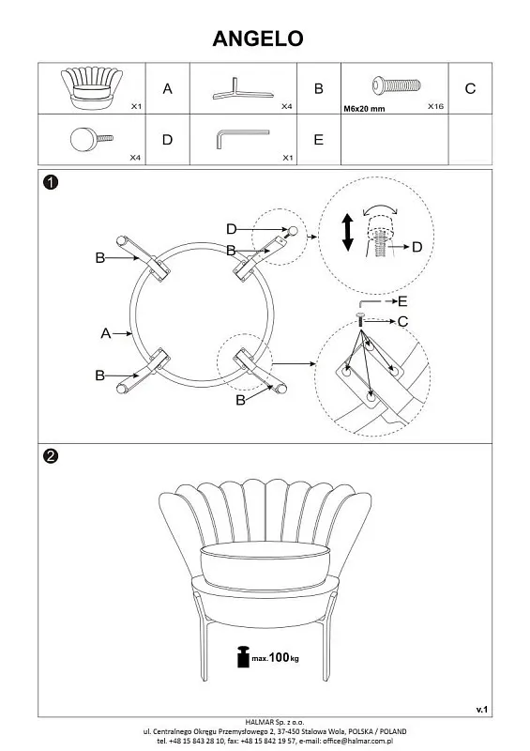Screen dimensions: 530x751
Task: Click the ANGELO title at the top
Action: click(x=258, y=38)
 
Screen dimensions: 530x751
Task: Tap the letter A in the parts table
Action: click(x=167, y=88)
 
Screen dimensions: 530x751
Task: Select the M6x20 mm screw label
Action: click(x=364, y=109)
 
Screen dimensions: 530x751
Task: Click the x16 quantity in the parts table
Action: click(x=435, y=106)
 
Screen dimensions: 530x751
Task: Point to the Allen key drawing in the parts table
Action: click(x=242, y=137)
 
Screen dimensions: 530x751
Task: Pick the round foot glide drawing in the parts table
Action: click(x=91, y=139)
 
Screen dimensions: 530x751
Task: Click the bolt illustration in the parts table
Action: click(x=397, y=85)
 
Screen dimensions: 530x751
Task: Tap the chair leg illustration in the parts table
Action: click(x=242, y=90)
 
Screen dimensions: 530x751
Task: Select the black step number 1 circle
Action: click(x=51, y=182)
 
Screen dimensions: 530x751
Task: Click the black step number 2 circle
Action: click(x=51, y=455)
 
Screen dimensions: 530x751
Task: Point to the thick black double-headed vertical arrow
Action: click(x=348, y=233)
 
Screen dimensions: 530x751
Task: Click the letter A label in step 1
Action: click(x=106, y=333)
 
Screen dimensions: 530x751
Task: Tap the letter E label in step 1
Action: click(x=402, y=301)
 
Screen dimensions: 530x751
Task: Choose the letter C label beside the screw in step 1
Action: click(x=403, y=321)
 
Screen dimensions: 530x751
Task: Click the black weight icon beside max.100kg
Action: click(x=243, y=656)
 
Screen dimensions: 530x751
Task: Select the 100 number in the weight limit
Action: click(x=279, y=657)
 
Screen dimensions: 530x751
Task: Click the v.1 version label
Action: click(x=481, y=710)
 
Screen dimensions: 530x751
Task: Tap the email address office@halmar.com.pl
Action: click(x=357, y=741)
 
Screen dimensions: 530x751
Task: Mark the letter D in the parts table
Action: click(x=167, y=140)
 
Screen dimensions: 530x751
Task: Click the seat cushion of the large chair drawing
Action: click(x=265, y=565)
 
